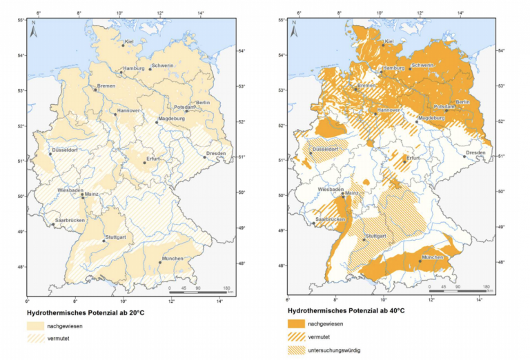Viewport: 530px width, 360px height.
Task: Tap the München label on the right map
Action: (x=433, y=257)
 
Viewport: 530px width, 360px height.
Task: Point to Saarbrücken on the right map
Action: (x=331, y=219)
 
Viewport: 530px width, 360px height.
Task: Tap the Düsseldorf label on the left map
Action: (x=64, y=150)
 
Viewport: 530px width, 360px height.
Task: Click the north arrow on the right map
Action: (x=295, y=28)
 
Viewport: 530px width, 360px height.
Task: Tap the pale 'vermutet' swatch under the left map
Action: (x=35, y=338)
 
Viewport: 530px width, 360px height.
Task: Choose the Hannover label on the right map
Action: (x=390, y=110)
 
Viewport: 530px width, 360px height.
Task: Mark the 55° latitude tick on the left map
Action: (x=21, y=20)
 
